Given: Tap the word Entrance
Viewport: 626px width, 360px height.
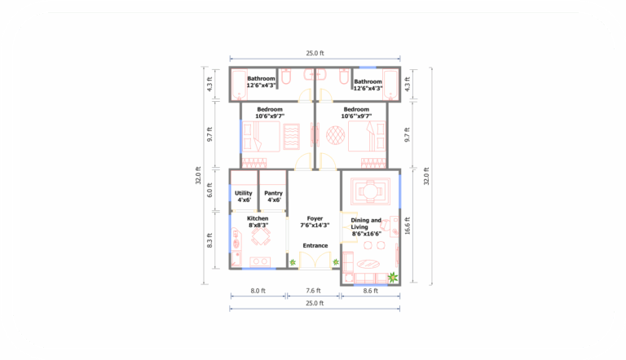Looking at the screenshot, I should pyautogui.click(x=315, y=245).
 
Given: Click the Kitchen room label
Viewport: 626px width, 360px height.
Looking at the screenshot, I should pyautogui.click(x=258, y=218).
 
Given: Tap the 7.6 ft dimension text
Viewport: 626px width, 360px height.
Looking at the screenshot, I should pyautogui.click(x=314, y=290).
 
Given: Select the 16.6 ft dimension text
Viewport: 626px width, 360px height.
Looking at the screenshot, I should pyautogui.click(x=408, y=225).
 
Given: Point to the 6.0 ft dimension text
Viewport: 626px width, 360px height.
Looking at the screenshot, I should pyautogui.click(x=209, y=191).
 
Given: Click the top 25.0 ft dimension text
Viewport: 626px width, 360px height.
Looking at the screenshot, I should pyautogui.click(x=315, y=53).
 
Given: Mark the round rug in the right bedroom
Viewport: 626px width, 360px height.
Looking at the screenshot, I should pyautogui.click(x=334, y=134).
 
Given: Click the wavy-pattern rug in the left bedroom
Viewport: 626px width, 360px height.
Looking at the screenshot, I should pyautogui.click(x=292, y=135).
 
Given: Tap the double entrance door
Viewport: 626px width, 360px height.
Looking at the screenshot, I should pyautogui.click(x=315, y=260).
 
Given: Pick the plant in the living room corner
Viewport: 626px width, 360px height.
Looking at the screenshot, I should pyautogui.click(x=393, y=278).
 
